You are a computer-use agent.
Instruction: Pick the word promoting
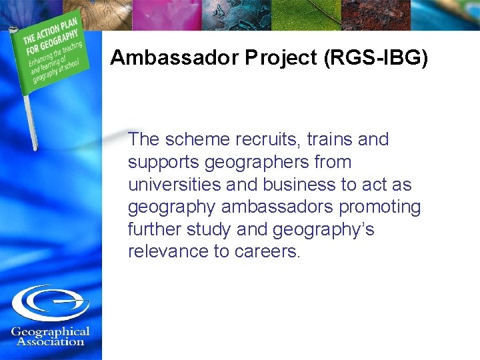380,207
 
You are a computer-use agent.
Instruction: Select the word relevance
168,251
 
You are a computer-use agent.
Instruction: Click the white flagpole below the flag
29,123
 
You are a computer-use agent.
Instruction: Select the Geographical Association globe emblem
51,303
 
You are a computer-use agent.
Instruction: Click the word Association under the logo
51,342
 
